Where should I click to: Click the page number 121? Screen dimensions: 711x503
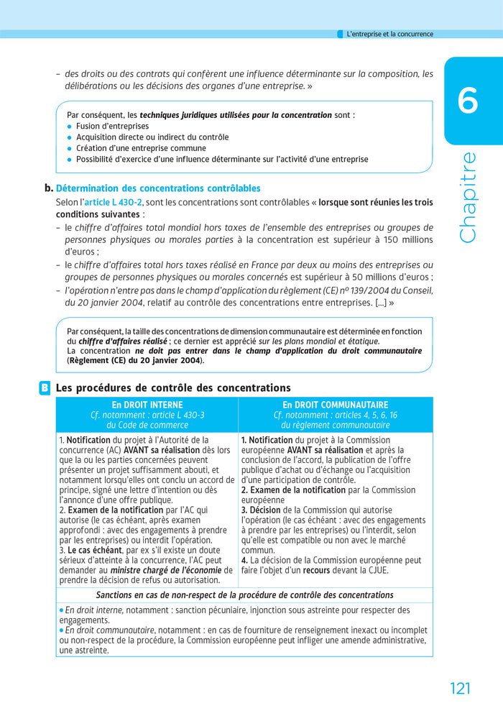(460, 688)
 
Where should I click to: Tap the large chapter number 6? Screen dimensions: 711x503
(467, 101)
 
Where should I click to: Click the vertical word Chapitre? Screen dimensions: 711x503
(468, 197)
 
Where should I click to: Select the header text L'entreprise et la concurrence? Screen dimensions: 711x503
(389, 34)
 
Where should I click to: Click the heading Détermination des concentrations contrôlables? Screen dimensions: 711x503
(158, 188)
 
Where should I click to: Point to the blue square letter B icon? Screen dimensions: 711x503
(45, 388)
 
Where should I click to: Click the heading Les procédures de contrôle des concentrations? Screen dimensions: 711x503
(173, 388)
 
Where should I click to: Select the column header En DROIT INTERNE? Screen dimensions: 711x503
(147, 405)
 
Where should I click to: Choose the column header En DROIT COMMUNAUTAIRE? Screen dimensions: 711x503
(335, 405)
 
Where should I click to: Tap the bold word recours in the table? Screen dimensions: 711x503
(316, 570)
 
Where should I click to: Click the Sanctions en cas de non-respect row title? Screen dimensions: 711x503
(244, 595)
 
